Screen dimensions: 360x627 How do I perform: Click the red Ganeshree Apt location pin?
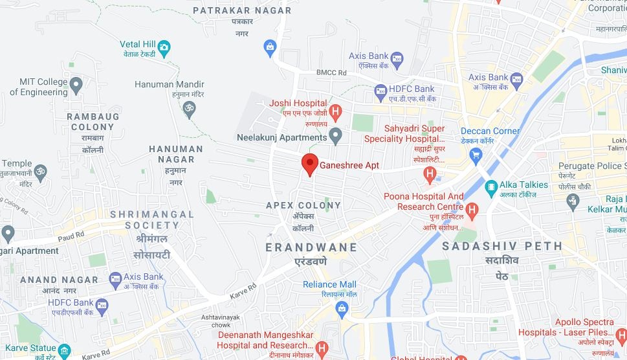[310, 164]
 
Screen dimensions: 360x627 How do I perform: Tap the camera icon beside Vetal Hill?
[164, 47]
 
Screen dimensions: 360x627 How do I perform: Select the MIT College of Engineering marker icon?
[76, 84]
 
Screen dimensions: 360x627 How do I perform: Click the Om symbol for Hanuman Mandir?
[189, 107]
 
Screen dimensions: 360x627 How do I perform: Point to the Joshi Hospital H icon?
[335, 112]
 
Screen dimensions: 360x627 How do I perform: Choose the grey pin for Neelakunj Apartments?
[335, 136]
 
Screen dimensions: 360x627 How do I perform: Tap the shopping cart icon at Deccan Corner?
[476, 155]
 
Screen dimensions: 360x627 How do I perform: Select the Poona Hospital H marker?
[472, 209]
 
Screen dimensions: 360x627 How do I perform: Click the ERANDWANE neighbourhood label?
[311, 247]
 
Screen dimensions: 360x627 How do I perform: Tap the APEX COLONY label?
[303, 205]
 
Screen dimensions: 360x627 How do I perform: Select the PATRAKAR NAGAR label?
[242, 10]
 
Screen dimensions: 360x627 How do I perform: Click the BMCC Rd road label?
[332, 73]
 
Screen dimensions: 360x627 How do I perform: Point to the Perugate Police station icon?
[572, 201]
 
